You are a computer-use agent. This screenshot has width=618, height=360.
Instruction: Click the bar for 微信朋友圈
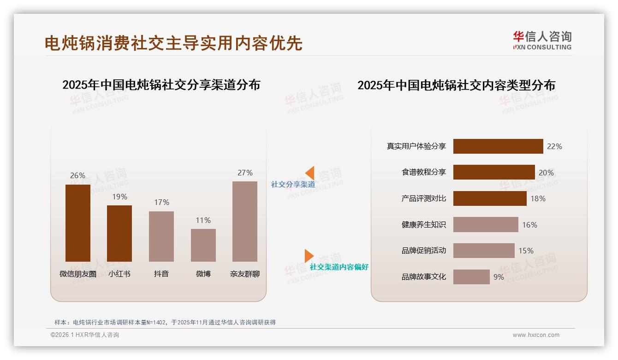(77, 223)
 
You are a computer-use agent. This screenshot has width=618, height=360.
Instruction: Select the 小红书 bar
(119, 234)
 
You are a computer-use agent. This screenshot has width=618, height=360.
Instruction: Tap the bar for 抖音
(161, 236)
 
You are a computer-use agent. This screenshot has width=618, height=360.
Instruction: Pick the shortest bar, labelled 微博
(203, 245)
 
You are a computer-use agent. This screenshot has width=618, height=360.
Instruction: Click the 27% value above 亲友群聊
(245, 173)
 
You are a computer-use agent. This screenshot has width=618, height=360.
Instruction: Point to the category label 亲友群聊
(245, 274)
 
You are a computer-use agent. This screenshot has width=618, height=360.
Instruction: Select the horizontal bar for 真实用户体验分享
(498, 146)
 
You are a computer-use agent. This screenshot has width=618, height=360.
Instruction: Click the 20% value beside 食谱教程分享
(546, 173)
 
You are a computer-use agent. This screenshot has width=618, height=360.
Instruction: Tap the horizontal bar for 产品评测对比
(490, 198)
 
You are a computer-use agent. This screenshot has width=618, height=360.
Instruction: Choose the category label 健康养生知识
(423, 225)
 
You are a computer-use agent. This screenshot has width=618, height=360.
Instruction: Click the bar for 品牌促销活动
(484, 251)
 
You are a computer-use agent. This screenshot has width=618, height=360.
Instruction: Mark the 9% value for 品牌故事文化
(499, 277)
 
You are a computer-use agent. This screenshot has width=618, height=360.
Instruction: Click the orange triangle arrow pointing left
(310, 173)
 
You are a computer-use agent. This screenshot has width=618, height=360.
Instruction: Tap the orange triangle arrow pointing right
(309, 256)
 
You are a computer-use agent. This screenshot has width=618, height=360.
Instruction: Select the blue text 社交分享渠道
(293, 185)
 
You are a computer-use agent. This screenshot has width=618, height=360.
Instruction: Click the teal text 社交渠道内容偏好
(339, 267)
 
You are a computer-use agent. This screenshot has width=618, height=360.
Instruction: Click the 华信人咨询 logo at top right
(542, 41)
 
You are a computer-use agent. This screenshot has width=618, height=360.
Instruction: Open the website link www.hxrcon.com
(536, 335)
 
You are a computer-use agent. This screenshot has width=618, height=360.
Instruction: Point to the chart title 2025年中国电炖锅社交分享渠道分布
(161, 85)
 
